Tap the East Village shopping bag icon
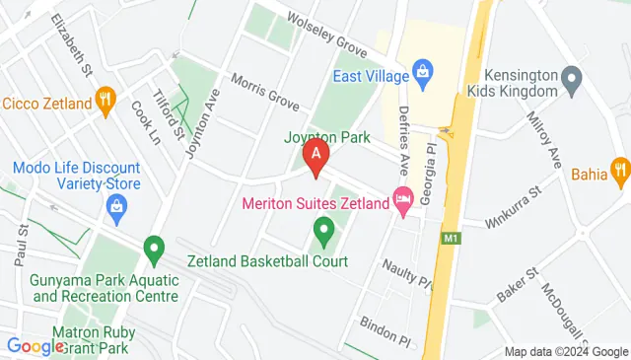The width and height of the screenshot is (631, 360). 423,70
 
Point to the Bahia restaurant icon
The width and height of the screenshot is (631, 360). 619,169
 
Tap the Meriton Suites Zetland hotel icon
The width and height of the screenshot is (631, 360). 402,199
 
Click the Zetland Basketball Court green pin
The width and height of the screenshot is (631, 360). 322,234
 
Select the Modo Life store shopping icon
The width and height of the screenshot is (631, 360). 116,206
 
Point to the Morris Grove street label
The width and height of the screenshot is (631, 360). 263,91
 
